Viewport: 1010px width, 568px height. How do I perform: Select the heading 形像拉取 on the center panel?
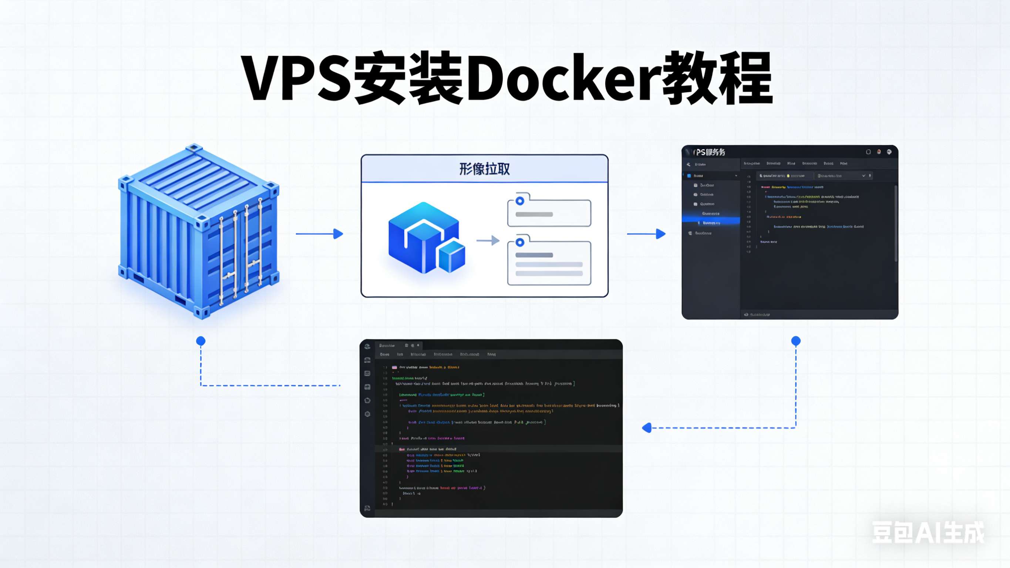point(485,169)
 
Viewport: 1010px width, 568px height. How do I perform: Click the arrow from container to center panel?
point(320,234)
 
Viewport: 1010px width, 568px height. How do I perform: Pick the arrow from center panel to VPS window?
point(647,234)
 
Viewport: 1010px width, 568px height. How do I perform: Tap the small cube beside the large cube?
point(452,257)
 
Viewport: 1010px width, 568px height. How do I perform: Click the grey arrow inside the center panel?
point(488,241)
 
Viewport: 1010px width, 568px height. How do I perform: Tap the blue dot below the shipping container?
point(201,341)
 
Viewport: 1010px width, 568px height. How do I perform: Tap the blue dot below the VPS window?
point(796,341)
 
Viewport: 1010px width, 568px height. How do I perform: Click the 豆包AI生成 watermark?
point(928,533)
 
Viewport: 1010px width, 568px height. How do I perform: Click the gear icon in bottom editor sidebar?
point(367,414)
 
